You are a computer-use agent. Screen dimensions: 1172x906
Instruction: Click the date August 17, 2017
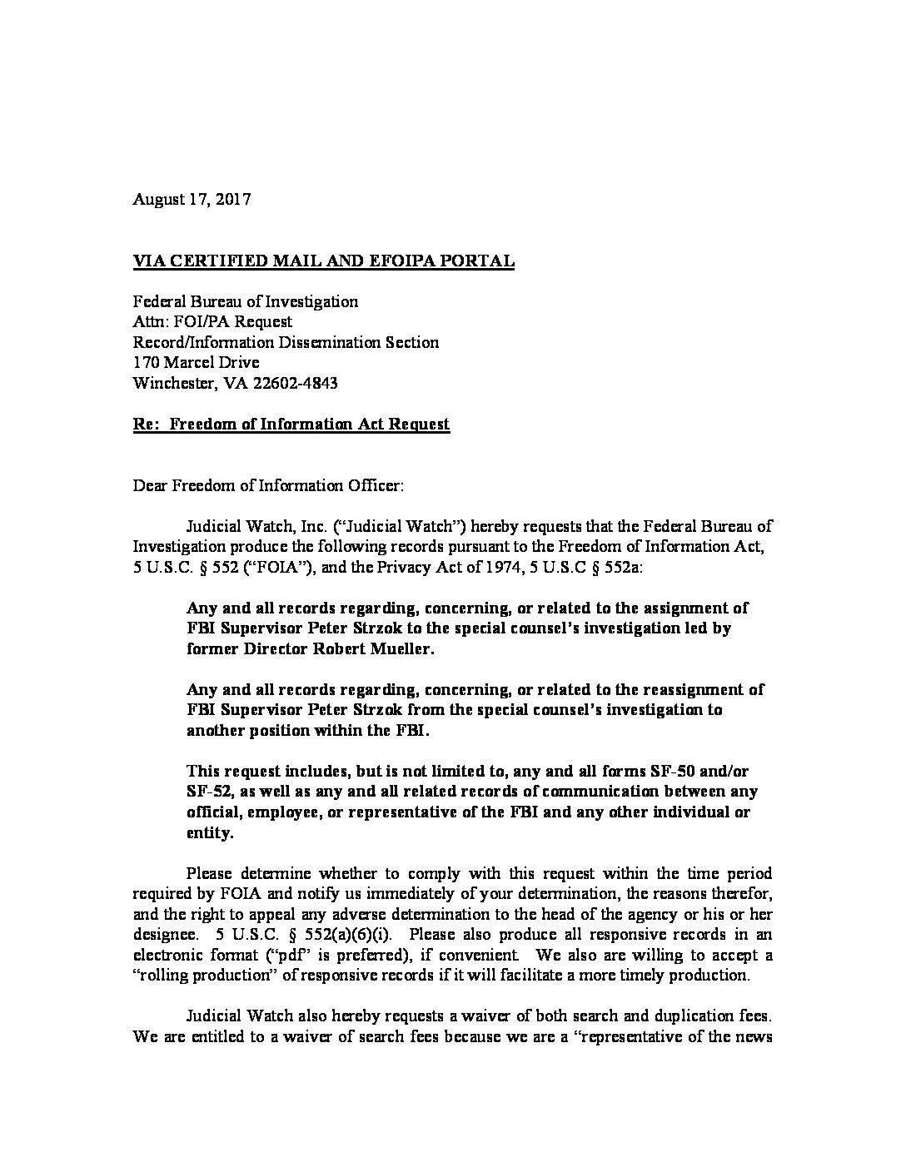192,200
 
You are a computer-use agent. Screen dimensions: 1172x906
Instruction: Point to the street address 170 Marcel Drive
196,363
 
